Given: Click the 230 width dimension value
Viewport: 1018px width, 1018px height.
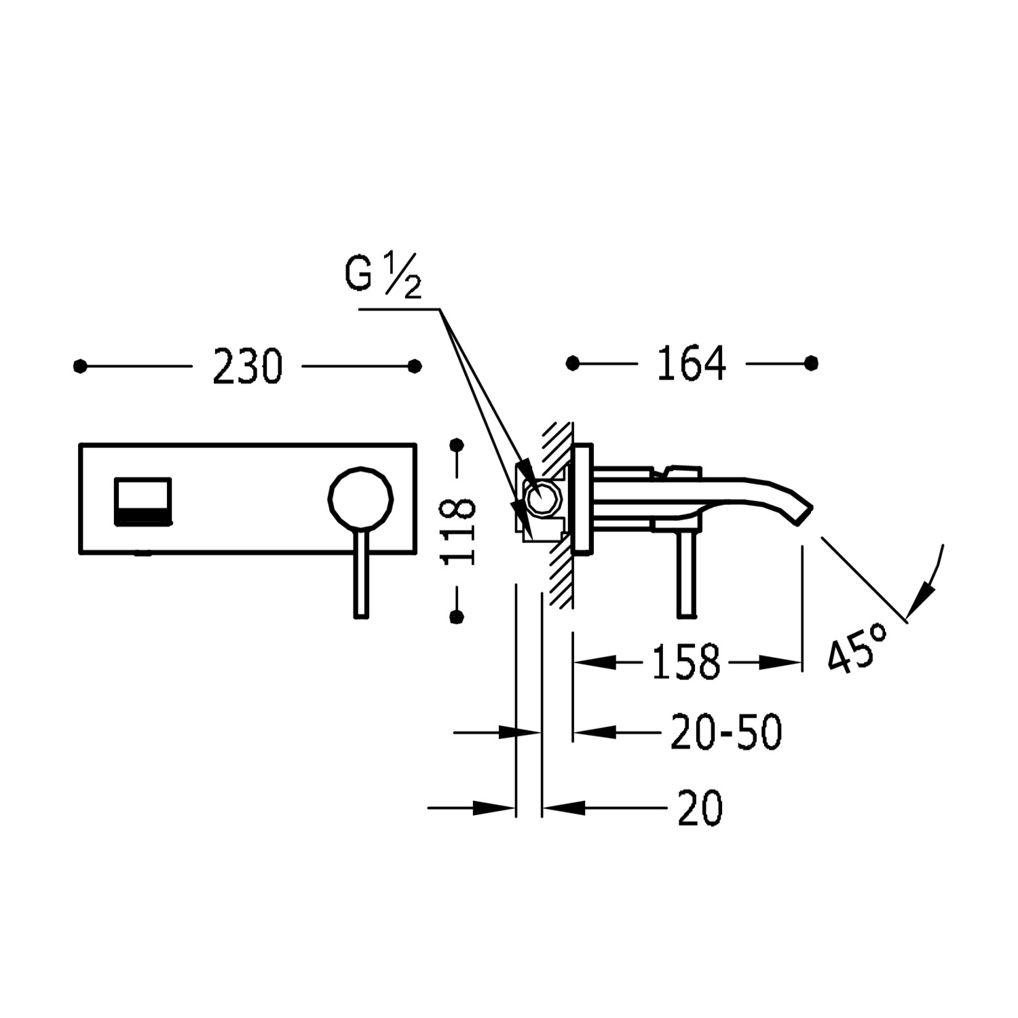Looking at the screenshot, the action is pyautogui.click(x=247, y=366).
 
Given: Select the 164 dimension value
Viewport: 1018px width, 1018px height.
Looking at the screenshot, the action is pyautogui.click(x=691, y=364).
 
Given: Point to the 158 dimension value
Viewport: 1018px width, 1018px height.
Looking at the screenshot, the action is pyautogui.click(x=685, y=662).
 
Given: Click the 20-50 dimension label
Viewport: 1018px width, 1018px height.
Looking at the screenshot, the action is pyautogui.click(x=726, y=732).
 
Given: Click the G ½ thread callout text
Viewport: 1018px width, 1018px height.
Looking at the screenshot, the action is pyautogui.click(x=383, y=275).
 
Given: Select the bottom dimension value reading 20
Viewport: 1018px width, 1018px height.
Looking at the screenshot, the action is pyautogui.click(x=700, y=808).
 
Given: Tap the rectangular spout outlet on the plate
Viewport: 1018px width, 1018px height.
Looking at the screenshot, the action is pyautogui.click(x=143, y=501).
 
